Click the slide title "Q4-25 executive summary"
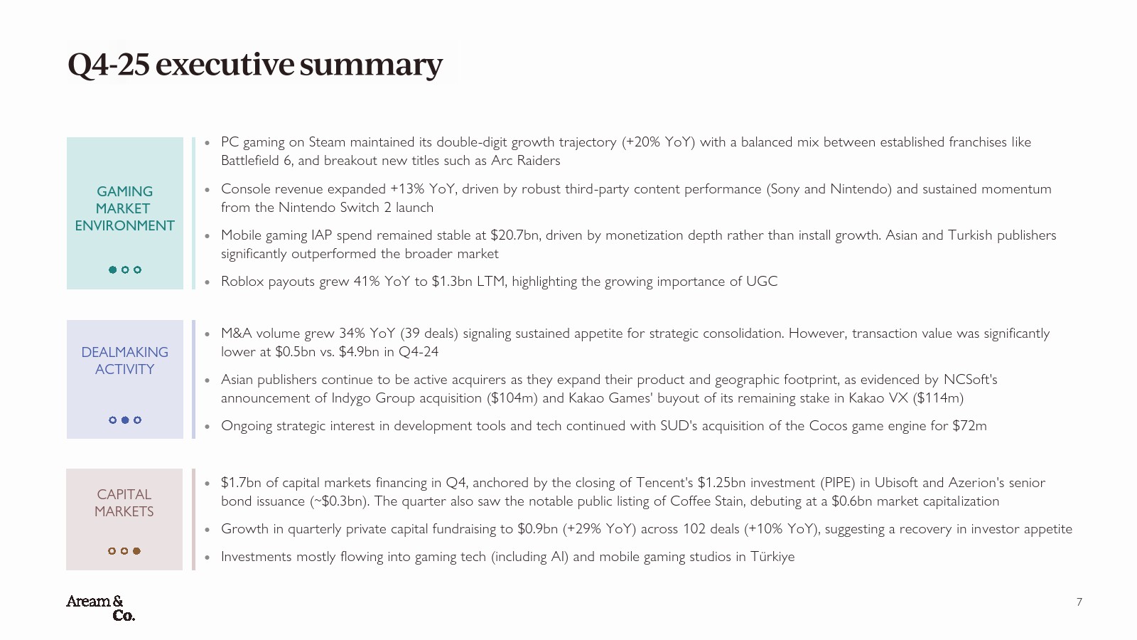click(255, 64)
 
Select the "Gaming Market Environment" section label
click(124, 208)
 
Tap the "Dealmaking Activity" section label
click(124, 361)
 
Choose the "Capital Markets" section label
click(124, 503)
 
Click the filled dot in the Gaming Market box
click(112, 270)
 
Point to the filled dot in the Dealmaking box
click(125, 420)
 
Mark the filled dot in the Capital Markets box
click(136, 551)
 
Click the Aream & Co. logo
click(100, 608)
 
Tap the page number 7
click(1079, 602)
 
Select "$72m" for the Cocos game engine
click(969, 426)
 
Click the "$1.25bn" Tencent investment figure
click(721, 483)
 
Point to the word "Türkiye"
click(772, 557)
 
